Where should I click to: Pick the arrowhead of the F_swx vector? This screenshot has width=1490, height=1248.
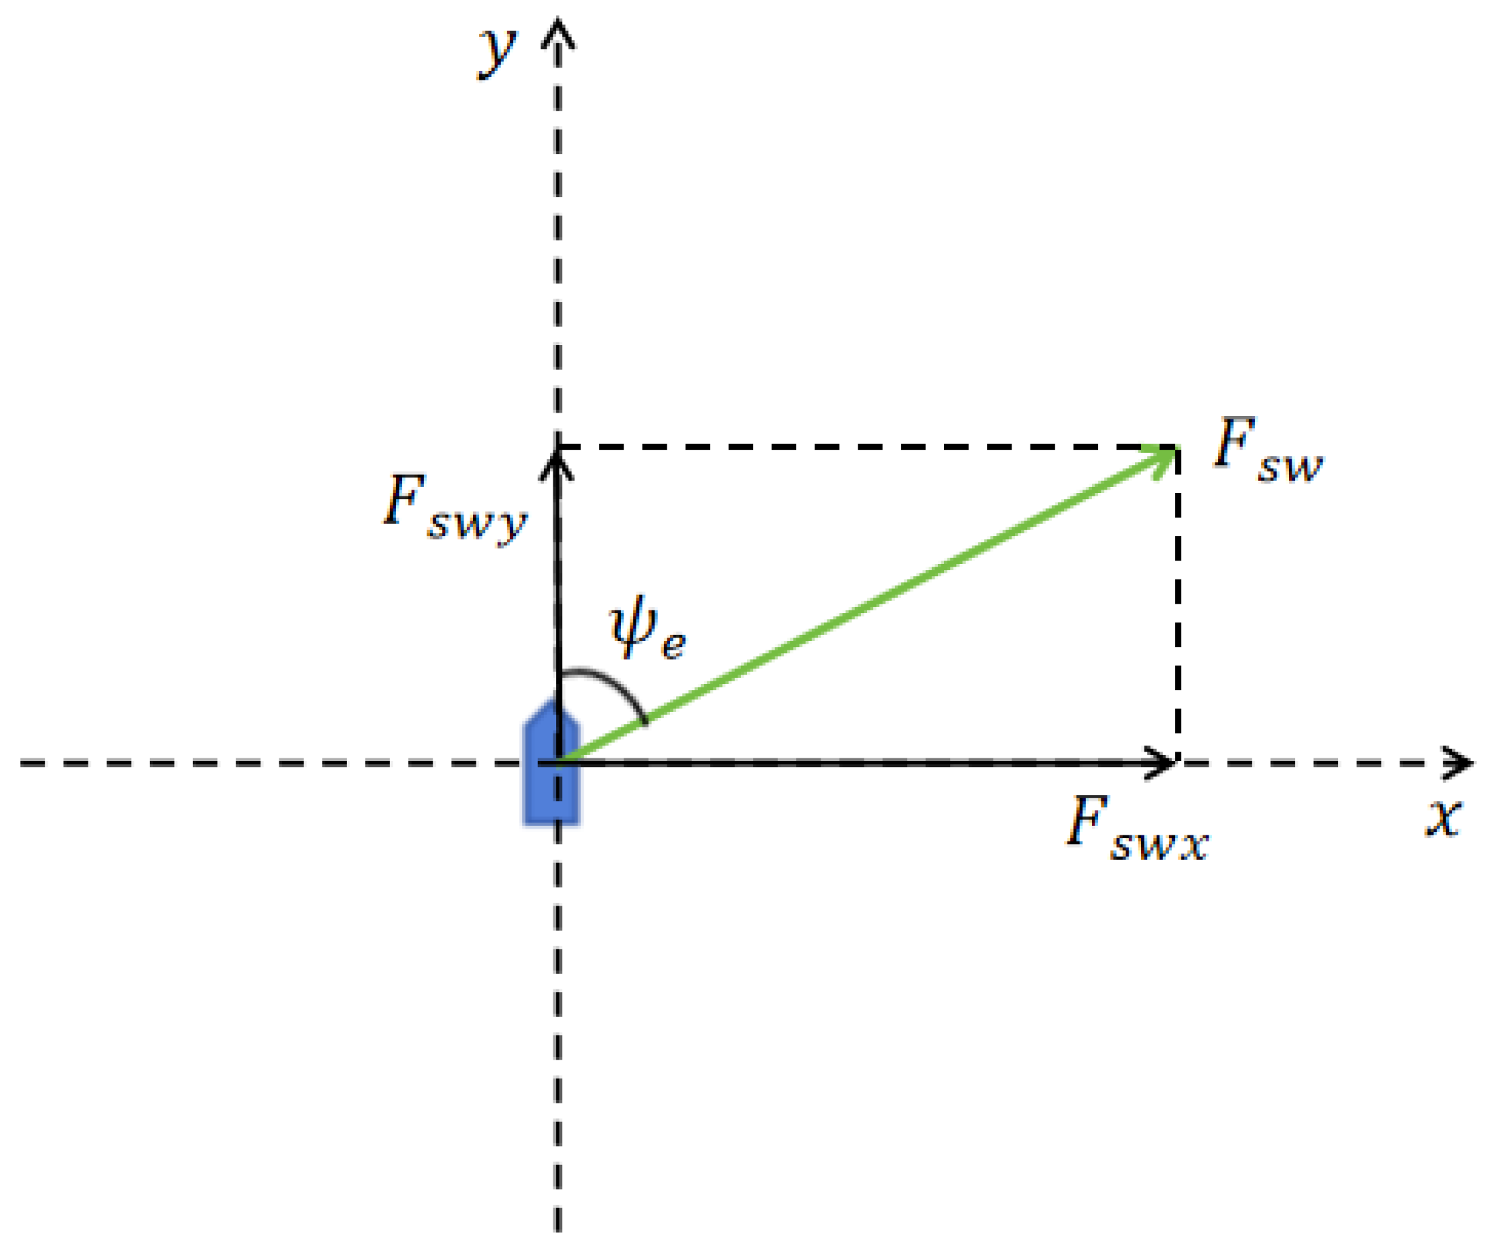1163,763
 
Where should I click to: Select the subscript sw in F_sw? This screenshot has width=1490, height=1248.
1291,468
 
